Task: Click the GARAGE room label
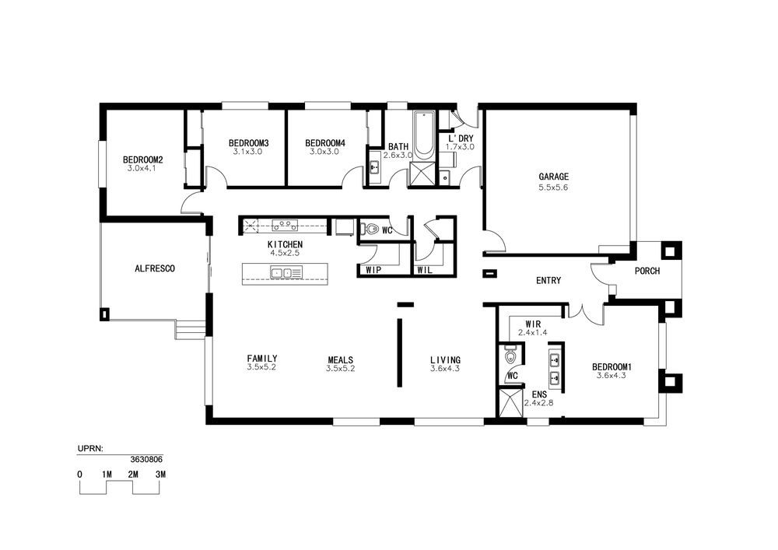coord(553,177)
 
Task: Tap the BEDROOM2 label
coord(143,160)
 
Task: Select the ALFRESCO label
coord(155,269)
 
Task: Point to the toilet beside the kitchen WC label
coord(370,229)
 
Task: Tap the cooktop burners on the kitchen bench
coord(285,226)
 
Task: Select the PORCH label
coord(647,271)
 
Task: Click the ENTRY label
coord(548,281)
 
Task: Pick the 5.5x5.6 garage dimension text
coord(553,187)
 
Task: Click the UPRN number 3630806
coord(146,460)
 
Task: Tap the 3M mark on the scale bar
coord(160,475)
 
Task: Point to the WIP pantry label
coord(373,270)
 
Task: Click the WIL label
coord(425,270)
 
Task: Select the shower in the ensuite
coord(511,403)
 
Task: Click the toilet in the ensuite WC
coord(510,356)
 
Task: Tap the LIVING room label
coord(445,360)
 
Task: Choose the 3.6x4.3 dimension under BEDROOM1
coord(612,376)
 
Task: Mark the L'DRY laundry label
coord(461,138)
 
